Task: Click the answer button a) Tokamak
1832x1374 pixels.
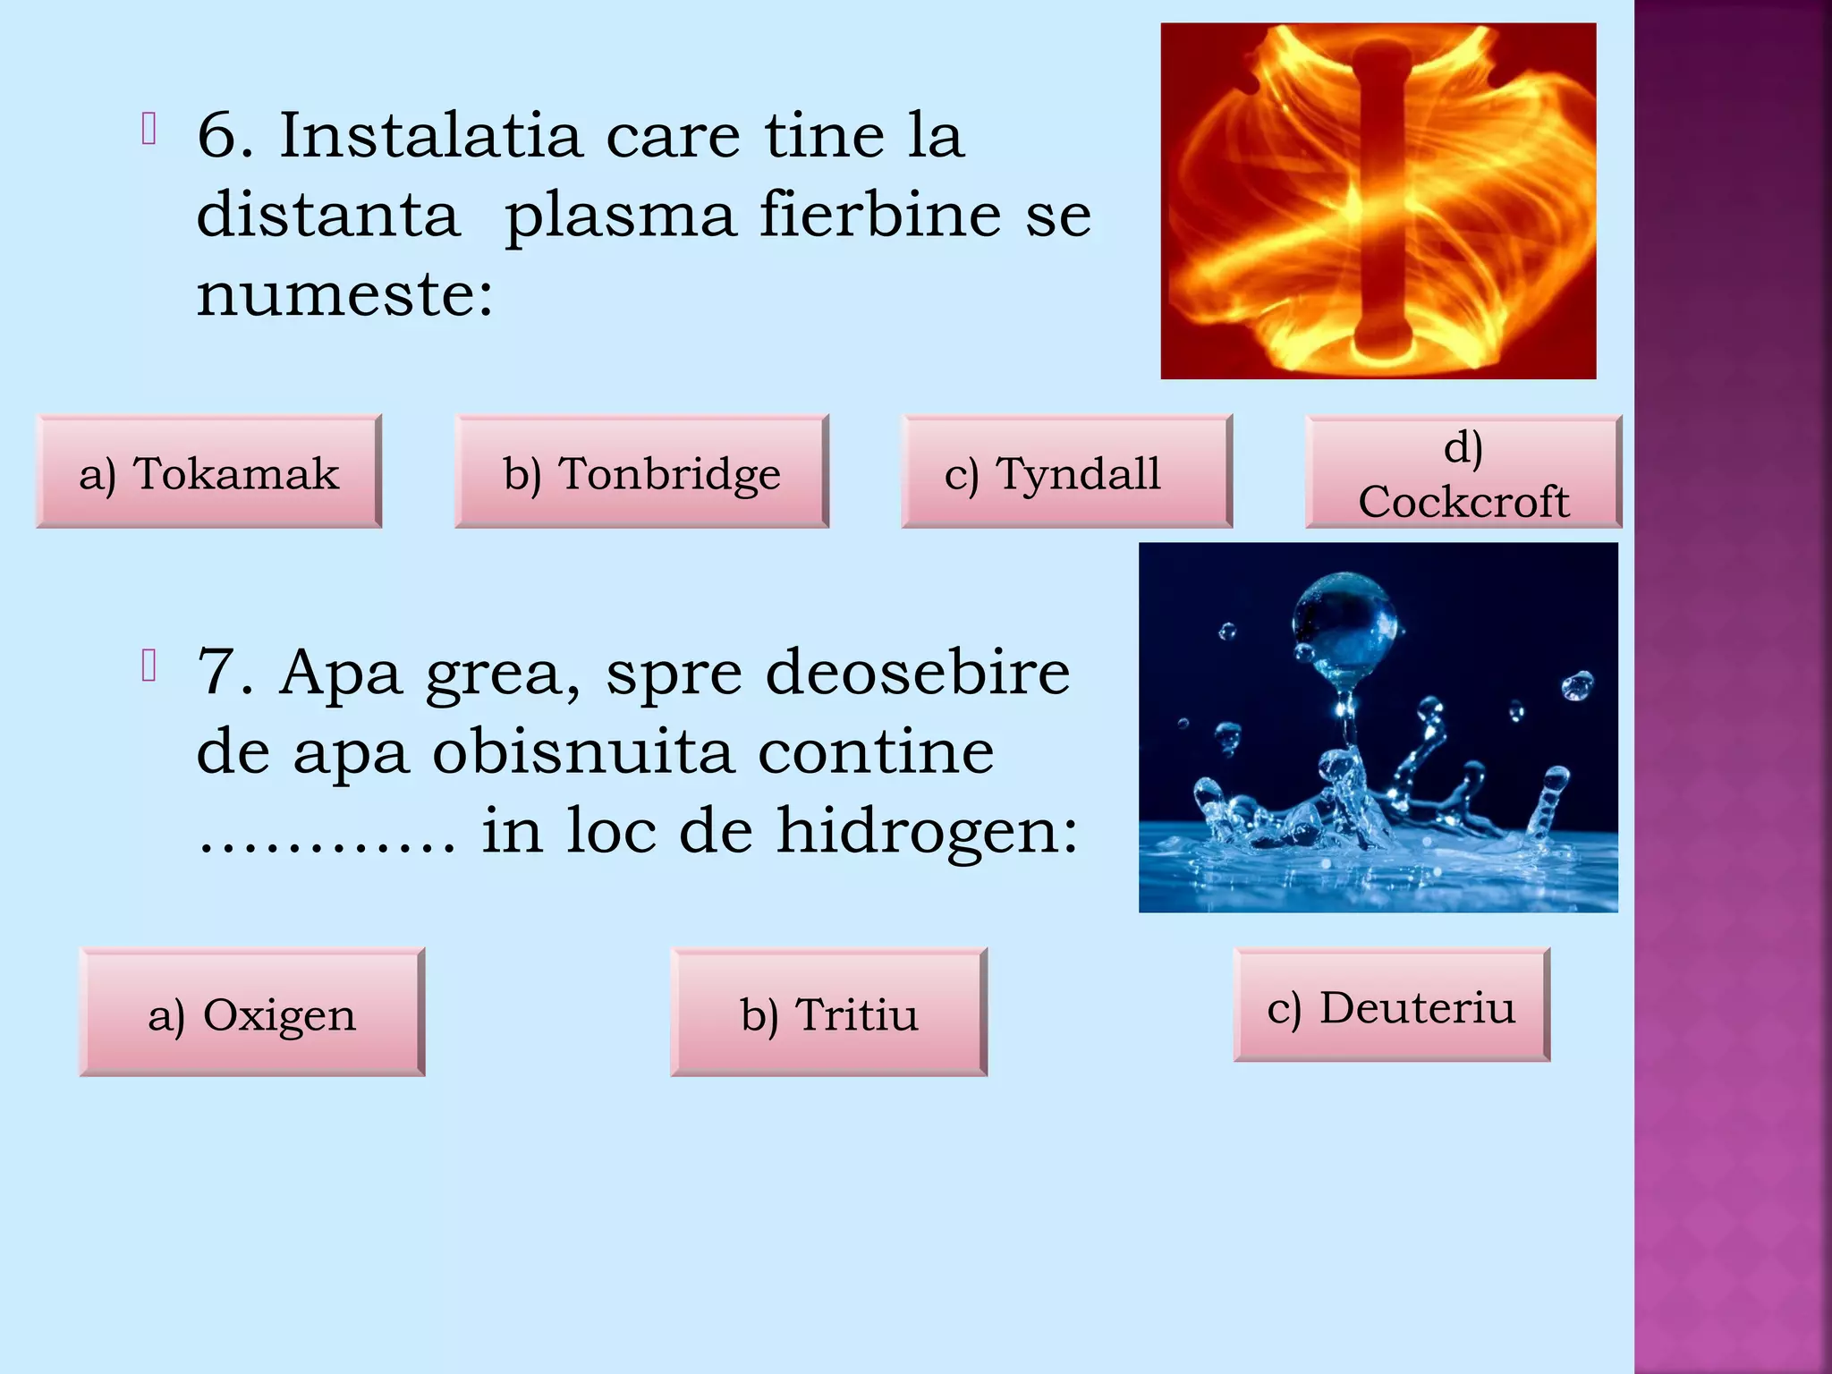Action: (x=208, y=472)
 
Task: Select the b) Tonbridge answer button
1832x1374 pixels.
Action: (x=641, y=472)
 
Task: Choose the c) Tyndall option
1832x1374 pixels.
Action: (x=1066, y=472)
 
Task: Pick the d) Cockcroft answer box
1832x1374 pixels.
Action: (x=1463, y=473)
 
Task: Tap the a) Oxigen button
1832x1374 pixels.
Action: (x=251, y=1013)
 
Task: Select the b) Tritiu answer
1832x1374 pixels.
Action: (x=828, y=1013)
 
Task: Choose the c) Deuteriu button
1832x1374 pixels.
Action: (x=1391, y=1005)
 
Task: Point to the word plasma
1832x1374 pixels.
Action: (x=619, y=216)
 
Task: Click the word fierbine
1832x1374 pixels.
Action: (x=880, y=215)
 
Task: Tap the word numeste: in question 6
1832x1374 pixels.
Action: (x=344, y=295)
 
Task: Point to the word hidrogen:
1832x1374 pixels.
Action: (x=927, y=830)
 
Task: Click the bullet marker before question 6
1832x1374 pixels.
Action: (x=149, y=130)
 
